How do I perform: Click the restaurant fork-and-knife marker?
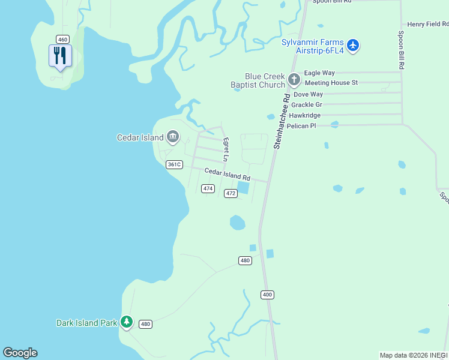(60, 56)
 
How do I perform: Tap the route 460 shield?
(62, 39)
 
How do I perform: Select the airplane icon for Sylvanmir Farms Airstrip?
(353, 46)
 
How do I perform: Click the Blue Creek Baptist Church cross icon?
(294, 80)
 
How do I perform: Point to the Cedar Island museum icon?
(173, 137)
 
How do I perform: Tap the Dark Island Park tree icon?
(126, 322)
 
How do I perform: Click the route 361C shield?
(174, 164)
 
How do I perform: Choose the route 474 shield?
(208, 188)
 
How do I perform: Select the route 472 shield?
(231, 193)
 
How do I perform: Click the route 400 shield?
(267, 295)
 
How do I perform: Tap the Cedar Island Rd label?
(227, 175)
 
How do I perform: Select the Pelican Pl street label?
(301, 125)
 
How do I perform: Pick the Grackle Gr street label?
(307, 104)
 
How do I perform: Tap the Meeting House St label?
(331, 82)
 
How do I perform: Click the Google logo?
(20, 353)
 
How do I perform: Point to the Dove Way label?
(308, 94)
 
